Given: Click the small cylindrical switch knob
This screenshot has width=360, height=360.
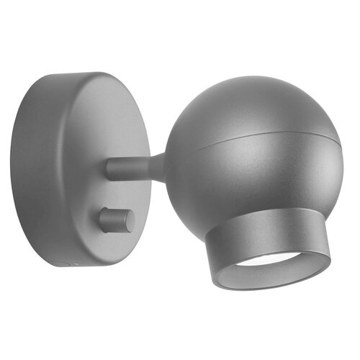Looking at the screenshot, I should [x=115, y=220].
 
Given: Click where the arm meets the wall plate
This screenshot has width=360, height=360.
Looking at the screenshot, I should [x=109, y=169].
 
